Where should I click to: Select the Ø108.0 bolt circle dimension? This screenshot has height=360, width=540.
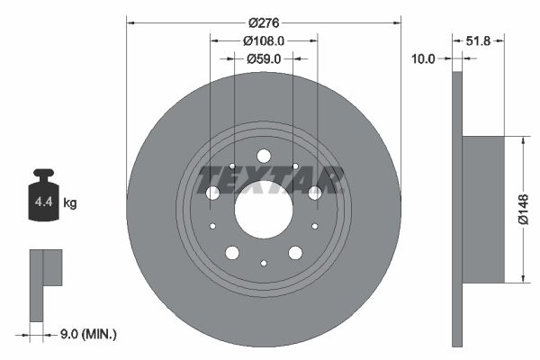tap(264, 40)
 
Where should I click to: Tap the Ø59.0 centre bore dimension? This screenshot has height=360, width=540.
tap(264, 58)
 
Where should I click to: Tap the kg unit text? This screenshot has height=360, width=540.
tap(70, 203)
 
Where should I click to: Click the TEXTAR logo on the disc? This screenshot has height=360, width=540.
tap(271, 180)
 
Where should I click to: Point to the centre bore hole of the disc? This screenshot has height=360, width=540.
tap(264, 210)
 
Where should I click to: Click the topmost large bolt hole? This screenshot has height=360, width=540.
tap(264, 157)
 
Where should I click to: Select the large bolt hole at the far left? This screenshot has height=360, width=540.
tap(213, 193)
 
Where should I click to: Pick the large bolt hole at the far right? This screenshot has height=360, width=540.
tap(314, 193)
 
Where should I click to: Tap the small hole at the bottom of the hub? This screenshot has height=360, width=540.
tap(264, 263)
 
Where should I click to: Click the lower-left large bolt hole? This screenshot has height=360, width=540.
tap(232, 253)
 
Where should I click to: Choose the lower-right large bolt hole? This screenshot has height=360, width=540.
tap(295, 253)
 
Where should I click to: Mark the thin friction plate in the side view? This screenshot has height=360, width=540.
tap(456, 209)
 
